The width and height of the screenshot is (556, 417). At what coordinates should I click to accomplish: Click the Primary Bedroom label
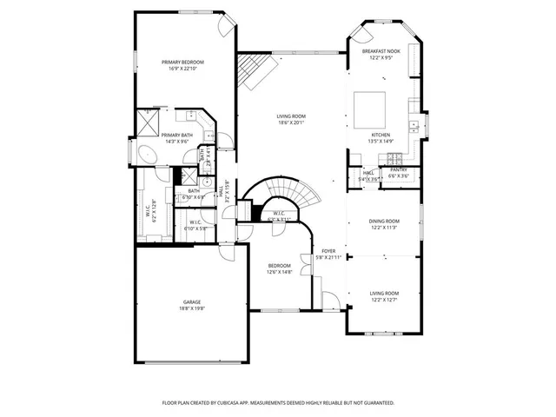click(x=182, y=63)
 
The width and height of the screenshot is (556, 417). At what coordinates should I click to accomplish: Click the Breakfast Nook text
click(x=381, y=52)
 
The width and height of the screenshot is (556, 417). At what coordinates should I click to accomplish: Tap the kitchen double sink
click(x=415, y=127)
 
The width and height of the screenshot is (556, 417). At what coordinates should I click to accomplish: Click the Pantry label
click(x=399, y=170)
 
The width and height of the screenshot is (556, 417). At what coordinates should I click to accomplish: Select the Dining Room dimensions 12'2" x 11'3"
click(x=384, y=228)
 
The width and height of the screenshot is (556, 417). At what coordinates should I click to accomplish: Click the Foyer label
click(x=329, y=251)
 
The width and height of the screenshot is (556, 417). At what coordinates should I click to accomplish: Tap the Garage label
click(x=191, y=301)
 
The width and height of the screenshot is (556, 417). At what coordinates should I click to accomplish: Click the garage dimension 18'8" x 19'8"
click(x=191, y=308)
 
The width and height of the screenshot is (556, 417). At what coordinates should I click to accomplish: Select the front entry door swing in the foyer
click(x=330, y=302)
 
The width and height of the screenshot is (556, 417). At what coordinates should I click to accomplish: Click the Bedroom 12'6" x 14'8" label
click(x=279, y=268)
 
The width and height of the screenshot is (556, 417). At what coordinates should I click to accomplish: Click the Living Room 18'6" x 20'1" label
click(x=291, y=119)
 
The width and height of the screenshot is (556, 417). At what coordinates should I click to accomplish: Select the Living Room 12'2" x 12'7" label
click(x=384, y=296)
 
